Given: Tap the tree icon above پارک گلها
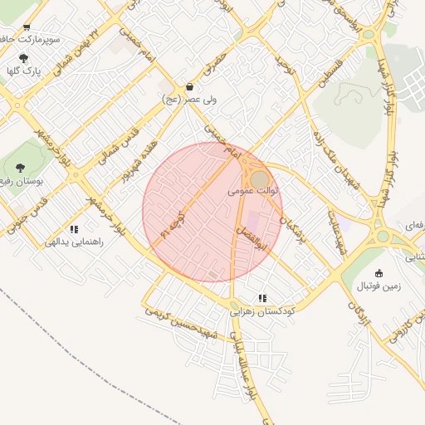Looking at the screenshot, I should click(x=23, y=58).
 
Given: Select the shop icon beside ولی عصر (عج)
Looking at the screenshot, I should click(x=191, y=86).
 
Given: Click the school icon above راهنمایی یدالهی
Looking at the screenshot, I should click(x=74, y=229).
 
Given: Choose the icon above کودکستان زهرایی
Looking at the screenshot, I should click(x=263, y=297).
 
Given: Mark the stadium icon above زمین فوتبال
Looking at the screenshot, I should click(x=379, y=273).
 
